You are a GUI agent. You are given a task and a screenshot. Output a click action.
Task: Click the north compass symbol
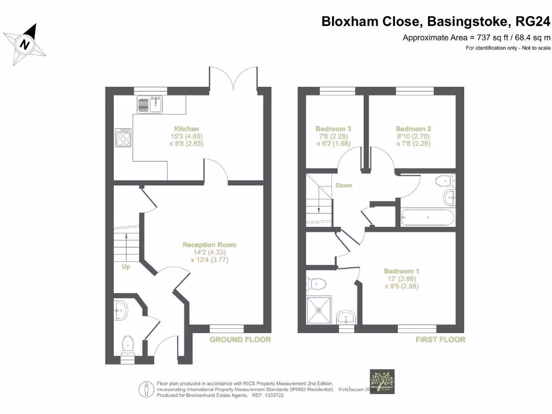[25, 44]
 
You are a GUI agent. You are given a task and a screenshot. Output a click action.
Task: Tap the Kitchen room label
[186, 129]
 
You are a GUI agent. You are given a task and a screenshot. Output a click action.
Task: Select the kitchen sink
[150, 104]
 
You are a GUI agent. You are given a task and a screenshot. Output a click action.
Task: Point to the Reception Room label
[209, 245]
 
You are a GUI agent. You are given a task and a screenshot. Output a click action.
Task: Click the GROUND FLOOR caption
[240, 340]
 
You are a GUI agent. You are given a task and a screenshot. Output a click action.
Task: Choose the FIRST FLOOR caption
[440, 340]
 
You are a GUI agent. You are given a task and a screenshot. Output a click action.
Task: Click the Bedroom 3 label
[333, 129]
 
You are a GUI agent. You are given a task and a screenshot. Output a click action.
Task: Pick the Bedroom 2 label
[413, 129]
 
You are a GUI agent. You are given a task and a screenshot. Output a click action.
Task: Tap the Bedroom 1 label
[402, 271]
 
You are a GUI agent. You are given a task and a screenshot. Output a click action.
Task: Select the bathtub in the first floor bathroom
[427, 218]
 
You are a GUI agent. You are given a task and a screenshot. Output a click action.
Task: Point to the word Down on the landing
[343, 185]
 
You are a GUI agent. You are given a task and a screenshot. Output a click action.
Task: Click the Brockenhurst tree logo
[381, 382]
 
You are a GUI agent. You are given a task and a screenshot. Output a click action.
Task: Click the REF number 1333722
[286, 395]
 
